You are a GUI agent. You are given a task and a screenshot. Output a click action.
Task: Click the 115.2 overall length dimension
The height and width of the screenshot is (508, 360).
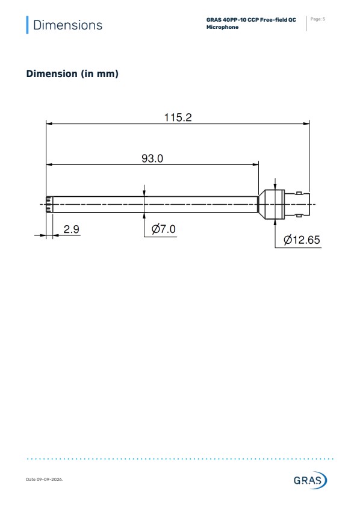[178, 117]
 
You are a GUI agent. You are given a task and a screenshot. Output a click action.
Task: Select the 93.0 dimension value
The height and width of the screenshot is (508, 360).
[152, 158]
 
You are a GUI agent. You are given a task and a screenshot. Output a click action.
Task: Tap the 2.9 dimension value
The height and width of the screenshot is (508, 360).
[71, 229]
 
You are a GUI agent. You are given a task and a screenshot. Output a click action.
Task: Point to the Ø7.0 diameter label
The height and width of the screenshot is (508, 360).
[164, 229]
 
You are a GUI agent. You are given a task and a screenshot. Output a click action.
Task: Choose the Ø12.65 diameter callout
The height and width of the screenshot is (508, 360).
[302, 240]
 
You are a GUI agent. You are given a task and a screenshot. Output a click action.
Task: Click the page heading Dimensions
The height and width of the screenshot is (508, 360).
[67, 25]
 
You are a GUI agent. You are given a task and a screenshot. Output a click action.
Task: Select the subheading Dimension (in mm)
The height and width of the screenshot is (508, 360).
[72, 73]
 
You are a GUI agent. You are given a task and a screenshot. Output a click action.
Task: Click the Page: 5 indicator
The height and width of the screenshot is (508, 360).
[317, 19]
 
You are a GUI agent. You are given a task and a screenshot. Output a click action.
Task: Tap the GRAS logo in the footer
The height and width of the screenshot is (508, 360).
[311, 480]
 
